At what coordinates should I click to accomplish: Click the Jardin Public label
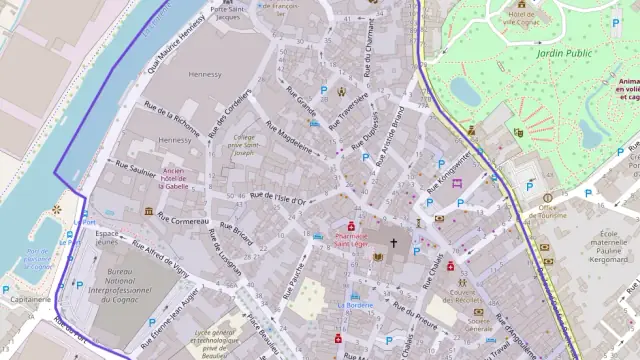pos(566,53)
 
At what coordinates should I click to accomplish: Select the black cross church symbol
pos(393,242)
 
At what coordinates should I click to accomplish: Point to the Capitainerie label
pos(30,299)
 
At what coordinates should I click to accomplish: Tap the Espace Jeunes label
pos(106,237)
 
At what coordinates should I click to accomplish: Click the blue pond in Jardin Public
pos(465,91)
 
